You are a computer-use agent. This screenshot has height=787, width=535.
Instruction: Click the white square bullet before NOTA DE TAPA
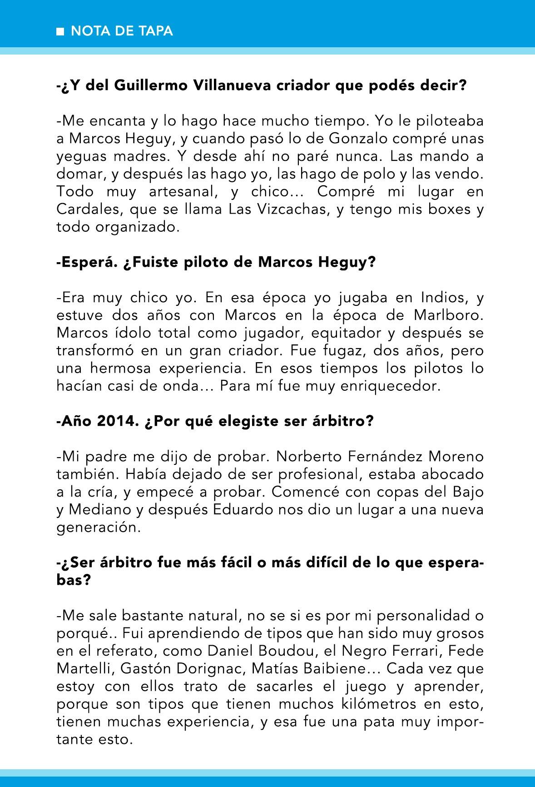[60, 32]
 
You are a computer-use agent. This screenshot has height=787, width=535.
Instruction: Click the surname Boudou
[287, 651]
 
